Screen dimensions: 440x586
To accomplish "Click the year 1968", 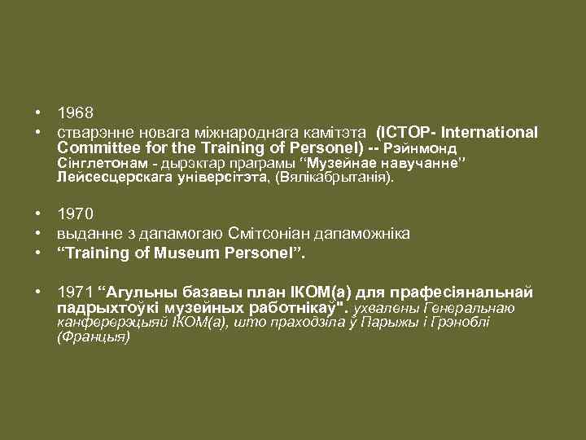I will (76, 112).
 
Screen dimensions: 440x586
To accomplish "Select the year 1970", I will (76, 214).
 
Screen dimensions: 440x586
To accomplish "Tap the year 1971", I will (76, 292).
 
